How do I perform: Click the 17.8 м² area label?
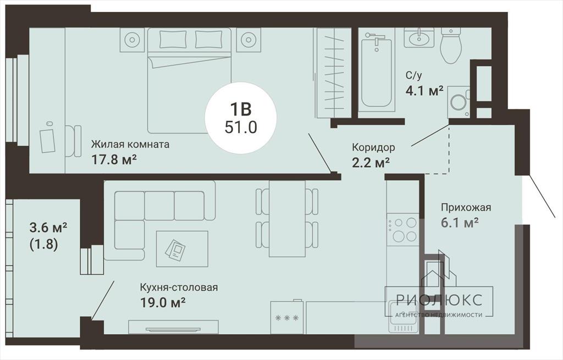click(x=114, y=159)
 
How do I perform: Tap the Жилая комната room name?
click(x=130, y=145)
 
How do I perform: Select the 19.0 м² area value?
click(x=163, y=303)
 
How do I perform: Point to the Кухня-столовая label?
click(x=179, y=287)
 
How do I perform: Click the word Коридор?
click(x=373, y=147)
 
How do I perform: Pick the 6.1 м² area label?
click(x=460, y=223)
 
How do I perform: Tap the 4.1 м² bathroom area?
click(x=424, y=91)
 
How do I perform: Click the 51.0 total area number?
click(x=241, y=127)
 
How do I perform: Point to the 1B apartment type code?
click(x=241, y=109)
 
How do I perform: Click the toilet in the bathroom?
click(x=451, y=46)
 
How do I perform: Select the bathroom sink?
click(x=418, y=37)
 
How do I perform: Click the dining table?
click(x=287, y=218)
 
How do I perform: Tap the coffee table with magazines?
click(x=182, y=249)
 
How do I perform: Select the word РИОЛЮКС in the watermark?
click(x=439, y=300)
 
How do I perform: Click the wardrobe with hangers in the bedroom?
click(x=333, y=73)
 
